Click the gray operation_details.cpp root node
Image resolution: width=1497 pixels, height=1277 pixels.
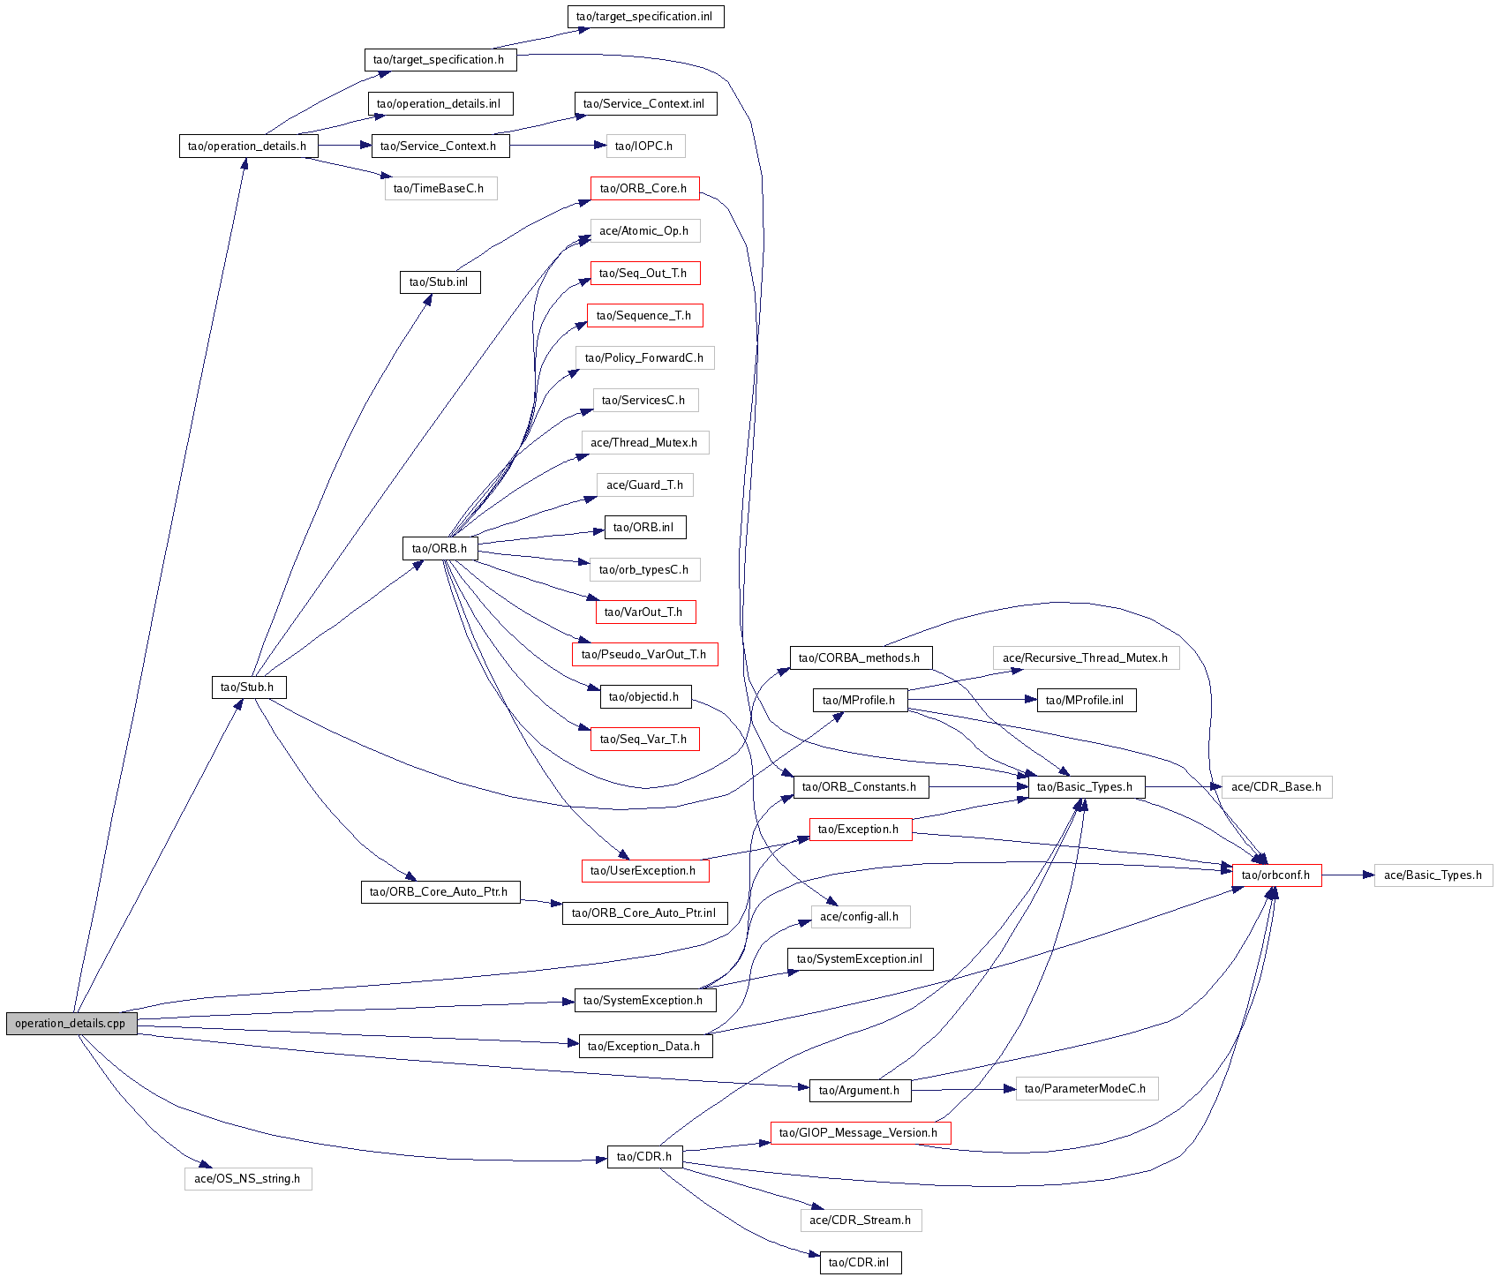coord(71,1024)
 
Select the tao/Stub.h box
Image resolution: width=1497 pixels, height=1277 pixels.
coord(248,687)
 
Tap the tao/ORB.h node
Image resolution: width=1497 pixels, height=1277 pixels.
coord(440,549)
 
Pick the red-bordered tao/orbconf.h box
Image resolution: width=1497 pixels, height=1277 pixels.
coord(1276,875)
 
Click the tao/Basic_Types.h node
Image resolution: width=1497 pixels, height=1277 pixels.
coord(1086,787)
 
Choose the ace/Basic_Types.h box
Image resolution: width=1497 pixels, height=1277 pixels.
coord(1433,875)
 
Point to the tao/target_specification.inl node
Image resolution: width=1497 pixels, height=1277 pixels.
coord(645,17)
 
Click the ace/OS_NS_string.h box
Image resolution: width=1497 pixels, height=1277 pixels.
coord(248,1179)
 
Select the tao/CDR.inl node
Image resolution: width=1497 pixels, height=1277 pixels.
coord(860,1263)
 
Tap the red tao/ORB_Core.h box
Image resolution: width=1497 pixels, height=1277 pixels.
coord(644,189)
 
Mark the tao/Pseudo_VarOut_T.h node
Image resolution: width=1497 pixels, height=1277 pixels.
coord(644,655)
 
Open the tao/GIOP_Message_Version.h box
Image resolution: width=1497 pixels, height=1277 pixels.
coord(860,1133)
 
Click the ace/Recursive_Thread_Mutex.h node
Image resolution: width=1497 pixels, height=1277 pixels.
coord(1086,658)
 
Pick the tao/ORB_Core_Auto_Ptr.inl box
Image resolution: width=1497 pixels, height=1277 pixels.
coord(644,913)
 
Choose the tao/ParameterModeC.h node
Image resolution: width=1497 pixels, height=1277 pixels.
coord(1086,1089)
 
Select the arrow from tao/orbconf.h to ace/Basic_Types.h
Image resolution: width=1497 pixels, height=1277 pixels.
coord(1348,875)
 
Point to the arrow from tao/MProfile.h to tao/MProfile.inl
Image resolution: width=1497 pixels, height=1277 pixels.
coord(971,700)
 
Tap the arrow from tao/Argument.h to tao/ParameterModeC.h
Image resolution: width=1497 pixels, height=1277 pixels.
coord(962,1090)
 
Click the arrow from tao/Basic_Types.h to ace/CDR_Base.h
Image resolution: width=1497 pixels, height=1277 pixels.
coord(1183,786)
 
